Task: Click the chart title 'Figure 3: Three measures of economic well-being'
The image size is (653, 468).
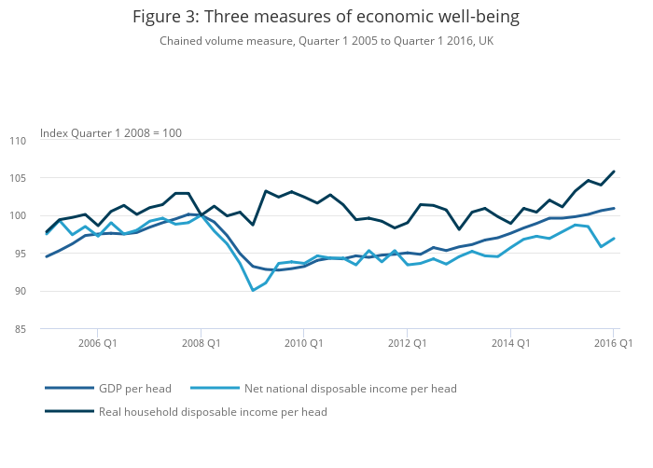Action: [x=326, y=17]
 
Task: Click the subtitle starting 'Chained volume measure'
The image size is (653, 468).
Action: [x=326, y=41]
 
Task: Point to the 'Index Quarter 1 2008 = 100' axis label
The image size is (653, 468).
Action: [x=111, y=133]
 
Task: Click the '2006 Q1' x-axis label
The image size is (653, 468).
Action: [x=97, y=343]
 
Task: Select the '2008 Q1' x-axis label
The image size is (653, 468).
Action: [x=201, y=343]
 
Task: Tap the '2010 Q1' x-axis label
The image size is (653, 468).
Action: [x=303, y=343]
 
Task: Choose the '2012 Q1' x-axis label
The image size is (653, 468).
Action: [x=407, y=343]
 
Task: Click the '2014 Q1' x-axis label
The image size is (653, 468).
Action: [x=510, y=343]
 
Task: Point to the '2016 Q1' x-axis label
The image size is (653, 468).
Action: [x=613, y=343]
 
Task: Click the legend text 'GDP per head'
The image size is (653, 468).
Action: [x=133, y=388]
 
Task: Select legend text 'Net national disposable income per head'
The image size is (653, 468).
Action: [x=350, y=388]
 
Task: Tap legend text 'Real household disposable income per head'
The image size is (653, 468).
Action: [x=213, y=411]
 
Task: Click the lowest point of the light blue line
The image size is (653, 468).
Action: [x=253, y=290]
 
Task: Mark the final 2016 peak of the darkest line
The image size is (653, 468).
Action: [x=614, y=172]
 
